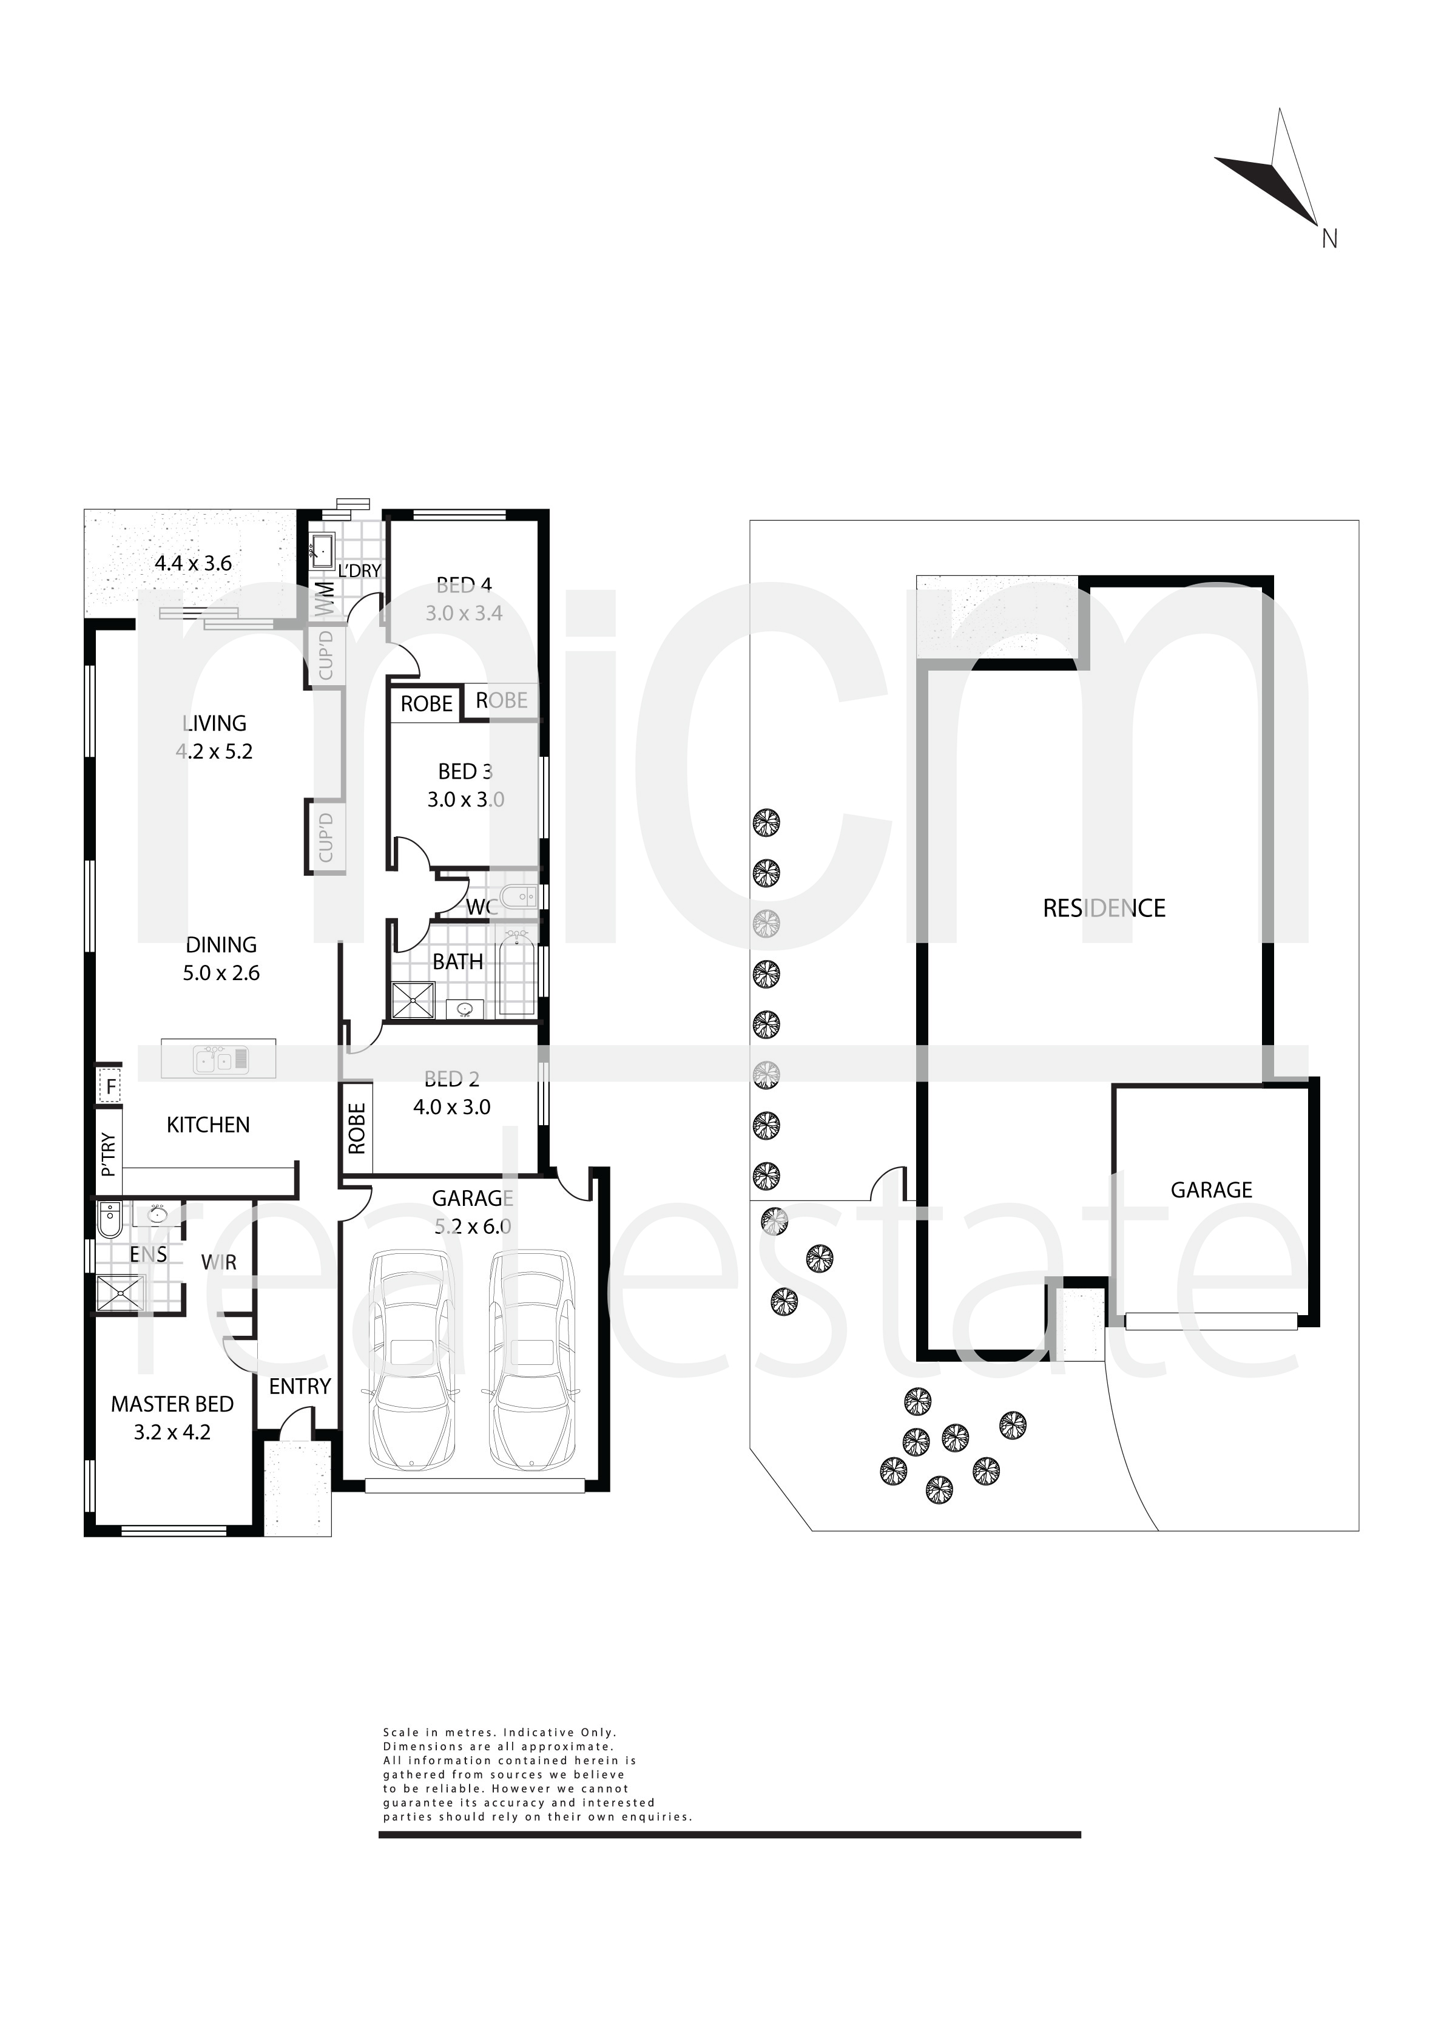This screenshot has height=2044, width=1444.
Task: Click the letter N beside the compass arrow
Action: [1329, 239]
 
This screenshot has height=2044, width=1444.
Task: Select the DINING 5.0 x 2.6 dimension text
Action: [221, 973]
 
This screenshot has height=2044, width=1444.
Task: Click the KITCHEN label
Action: [208, 1125]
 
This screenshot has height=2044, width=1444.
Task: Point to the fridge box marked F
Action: [109, 1087]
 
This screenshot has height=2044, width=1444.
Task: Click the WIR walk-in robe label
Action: [219, 1262]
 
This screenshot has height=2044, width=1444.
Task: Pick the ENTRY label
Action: [300, 1386]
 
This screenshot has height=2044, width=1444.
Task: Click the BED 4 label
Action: [464, 586]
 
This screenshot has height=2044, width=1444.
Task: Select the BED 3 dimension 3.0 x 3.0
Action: [465, 799]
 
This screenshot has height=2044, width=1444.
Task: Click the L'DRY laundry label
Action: [360, 570]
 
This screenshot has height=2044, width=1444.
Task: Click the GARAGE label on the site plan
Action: [1211, 1190]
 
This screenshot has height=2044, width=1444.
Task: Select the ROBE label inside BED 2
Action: [357, 1129]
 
